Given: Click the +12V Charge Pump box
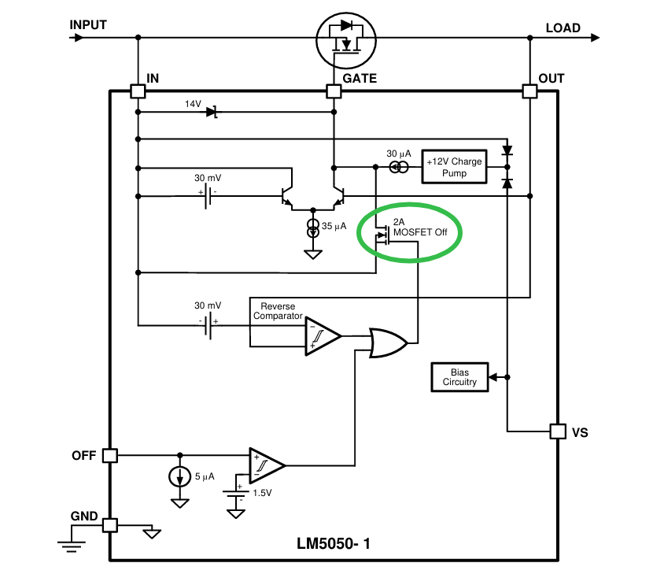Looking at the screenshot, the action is click(455, 167).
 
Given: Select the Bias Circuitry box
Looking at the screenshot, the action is click(459, 377).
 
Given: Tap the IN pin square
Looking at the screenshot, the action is click(138, 91).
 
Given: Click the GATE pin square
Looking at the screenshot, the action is click(334, 91).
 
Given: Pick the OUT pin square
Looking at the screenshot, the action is click(529, 91).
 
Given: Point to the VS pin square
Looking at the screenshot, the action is click(558, 431).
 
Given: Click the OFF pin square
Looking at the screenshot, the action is click(110, 455).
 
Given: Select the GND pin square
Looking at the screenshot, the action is click(110, 525).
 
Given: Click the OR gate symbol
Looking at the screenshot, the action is click(388, 343).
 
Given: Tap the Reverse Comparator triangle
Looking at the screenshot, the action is click(323, 336).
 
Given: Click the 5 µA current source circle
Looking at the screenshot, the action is click(180, 476).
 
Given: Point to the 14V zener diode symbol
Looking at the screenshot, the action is click(212, 112).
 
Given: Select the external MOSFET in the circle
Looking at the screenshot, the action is click(346, 40).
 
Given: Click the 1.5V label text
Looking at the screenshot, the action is click(262, 493).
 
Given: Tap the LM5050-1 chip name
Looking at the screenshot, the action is click(333, 543).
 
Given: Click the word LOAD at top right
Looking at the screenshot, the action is click(563, 28).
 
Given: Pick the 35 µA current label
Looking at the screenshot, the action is click(334, 226).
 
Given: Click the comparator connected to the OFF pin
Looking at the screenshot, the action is click(267, 465).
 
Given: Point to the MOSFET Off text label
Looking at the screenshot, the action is click(420, 232).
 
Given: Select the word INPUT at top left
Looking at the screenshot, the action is click(88, 25).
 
